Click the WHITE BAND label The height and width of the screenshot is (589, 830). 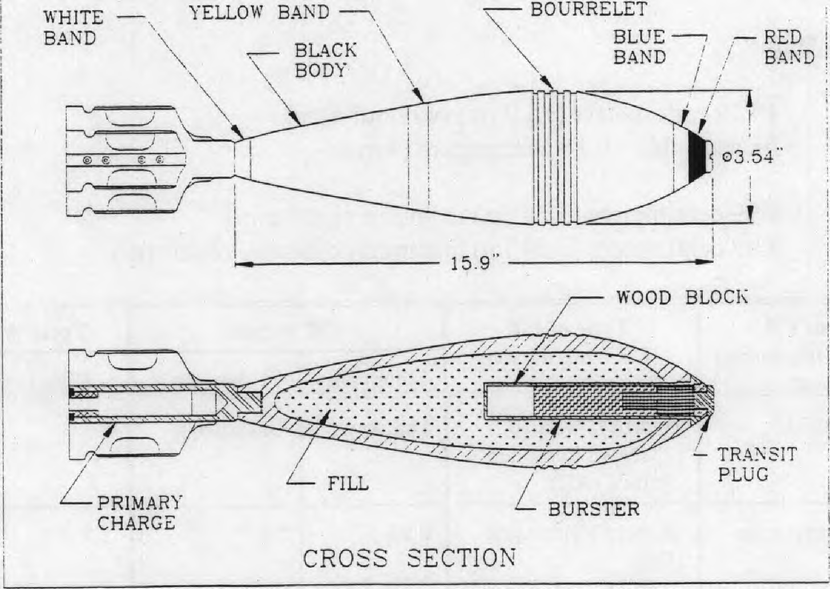(x=74, y=28)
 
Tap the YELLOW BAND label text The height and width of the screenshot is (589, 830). (x=259, y=13)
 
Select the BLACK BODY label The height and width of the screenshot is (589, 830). (x=326, y=60)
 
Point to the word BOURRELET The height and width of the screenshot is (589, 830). (x=589, y=9)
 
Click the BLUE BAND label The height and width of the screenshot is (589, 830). (x=639, y=47)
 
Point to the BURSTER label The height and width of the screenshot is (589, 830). (x=594, y=509)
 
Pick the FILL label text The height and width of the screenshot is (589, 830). (x=348, y=483)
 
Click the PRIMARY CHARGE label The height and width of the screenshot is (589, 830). (x=139, y=513)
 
